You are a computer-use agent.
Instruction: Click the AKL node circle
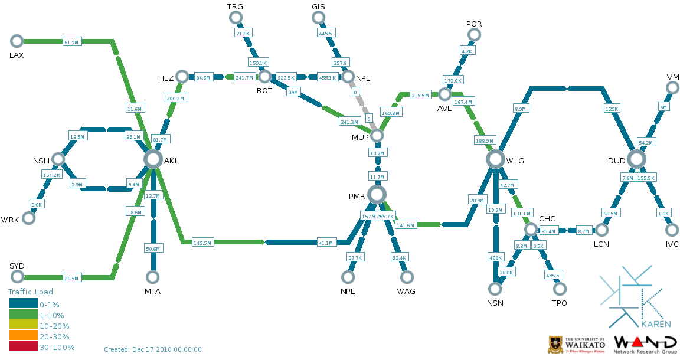pos(153,159)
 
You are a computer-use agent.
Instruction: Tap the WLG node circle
pos(495,159)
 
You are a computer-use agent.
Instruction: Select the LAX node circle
pos(17,41)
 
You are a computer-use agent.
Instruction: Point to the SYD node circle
pos(17,277)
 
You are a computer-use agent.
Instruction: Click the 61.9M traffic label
pos(71,42)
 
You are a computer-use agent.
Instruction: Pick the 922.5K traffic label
pos(286,77)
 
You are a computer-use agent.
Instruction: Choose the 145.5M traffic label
pos(203,243)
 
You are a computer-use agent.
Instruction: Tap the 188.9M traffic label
pos(483,140)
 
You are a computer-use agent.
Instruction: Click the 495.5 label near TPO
pos(552,275)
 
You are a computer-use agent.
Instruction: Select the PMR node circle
pos(377,194)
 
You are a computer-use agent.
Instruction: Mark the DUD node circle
pos(636,159)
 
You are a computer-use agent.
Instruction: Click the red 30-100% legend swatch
pos(23,347)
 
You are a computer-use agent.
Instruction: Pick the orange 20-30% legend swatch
pos(23,336)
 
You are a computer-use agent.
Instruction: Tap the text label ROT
pos(264,91)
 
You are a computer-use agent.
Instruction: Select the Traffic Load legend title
pos(31,292)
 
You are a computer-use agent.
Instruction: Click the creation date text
pos(153,349)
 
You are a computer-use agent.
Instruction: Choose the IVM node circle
pos(672,88)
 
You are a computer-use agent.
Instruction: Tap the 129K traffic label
pos(612,109)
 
